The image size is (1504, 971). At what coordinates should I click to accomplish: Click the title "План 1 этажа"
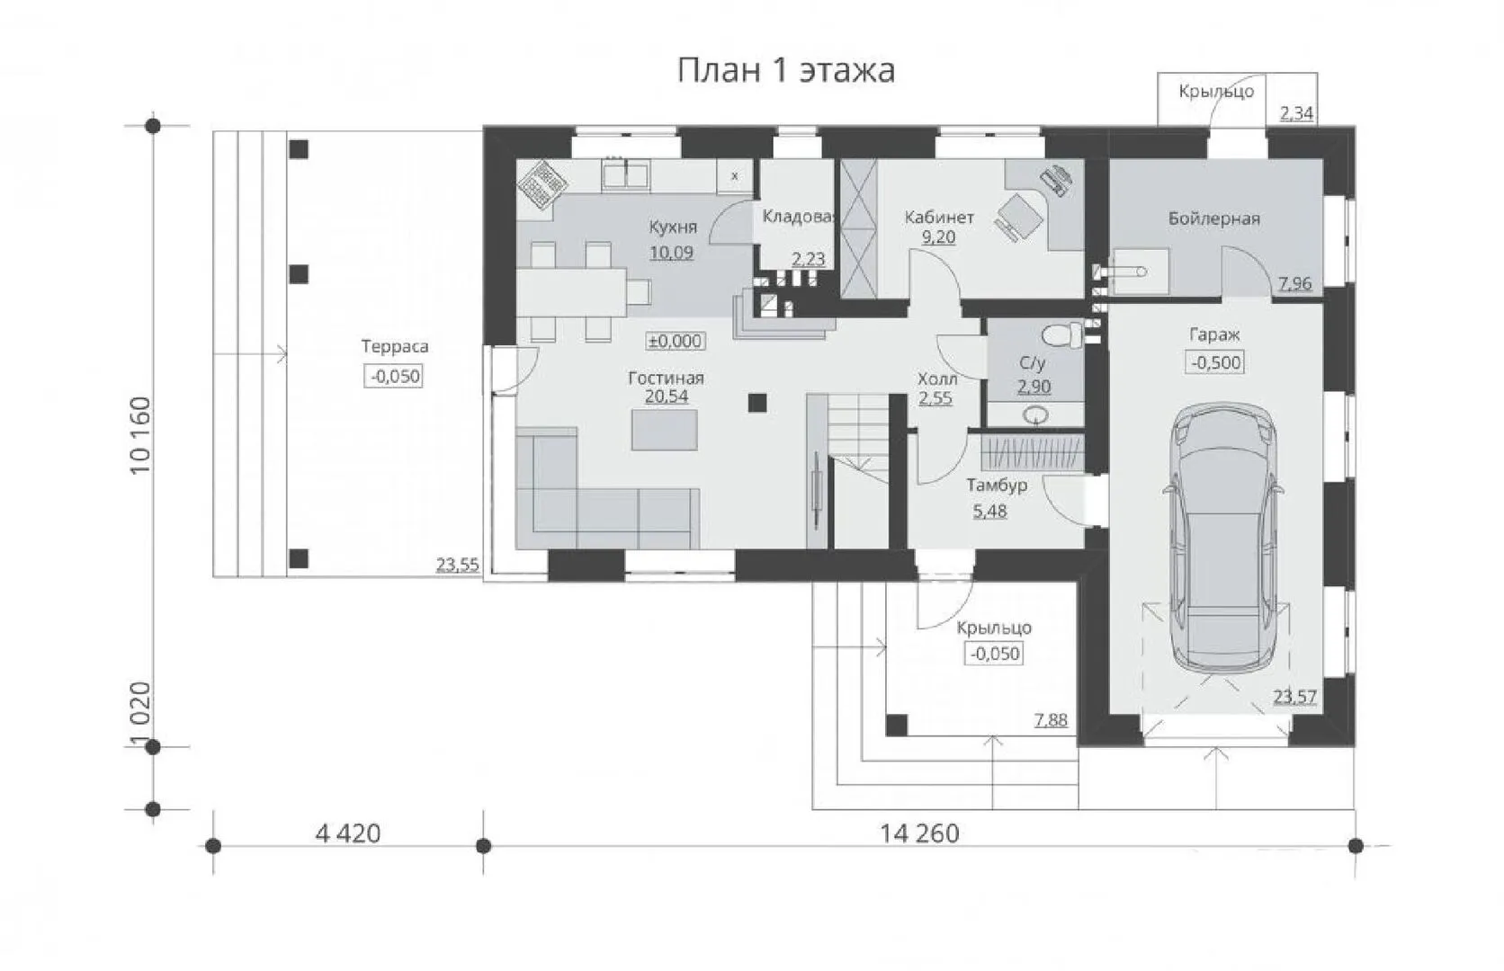pyautogui.click(x=785, y=70)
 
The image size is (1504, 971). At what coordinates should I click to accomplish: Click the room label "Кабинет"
pyautogui.click(x=939, y=218)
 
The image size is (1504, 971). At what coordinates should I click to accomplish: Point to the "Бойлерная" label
pyautogui.click(x=1214, y=218)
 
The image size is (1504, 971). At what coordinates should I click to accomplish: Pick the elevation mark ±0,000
pyautogui.click(x=676, y=341)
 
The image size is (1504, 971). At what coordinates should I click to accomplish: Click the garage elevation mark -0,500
pyautogui.click(x=1215, y=362)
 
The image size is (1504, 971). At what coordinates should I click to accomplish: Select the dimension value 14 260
pyautogui.click(x=919, y=833)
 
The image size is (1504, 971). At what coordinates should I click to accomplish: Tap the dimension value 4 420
pyautogui.click(x=348, y=833)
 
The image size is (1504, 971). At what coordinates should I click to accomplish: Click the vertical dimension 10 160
pyautogui.click(x=141, y=435)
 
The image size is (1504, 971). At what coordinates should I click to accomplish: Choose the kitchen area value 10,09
pyautogui.click(x=671, y=253)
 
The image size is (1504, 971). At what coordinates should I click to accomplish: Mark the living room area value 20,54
pyautogui.click(x=667, y=396)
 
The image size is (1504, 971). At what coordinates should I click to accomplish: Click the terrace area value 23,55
pyautogui.click(x=458, y=565)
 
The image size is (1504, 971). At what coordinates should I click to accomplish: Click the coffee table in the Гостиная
pyautogui.click(x=664, y=430)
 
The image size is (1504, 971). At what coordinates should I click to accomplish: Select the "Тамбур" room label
pyautogui.click(x=997, y=485)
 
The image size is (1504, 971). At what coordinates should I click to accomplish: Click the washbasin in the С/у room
pyautogui.click(x=1036, y=416)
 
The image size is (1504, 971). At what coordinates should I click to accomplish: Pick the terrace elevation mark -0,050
pyautogui.click(x=396, y=376)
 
